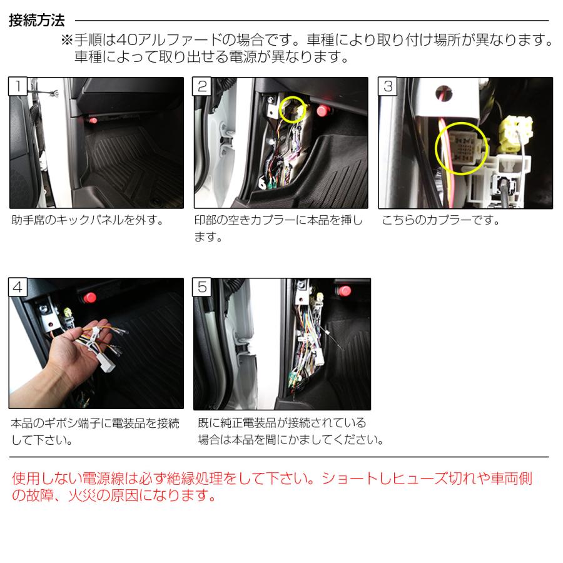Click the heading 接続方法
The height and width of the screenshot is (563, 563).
tap(38, 21)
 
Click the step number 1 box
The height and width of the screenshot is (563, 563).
tap(19, 86)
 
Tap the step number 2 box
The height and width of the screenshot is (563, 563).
tap(203, 86)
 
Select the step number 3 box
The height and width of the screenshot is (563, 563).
tap(388, 86)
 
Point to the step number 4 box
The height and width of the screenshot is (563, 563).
tap(19, 287)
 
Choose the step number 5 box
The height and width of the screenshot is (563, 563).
tap(203, 287)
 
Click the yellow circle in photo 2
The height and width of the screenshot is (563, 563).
tap(293, 109)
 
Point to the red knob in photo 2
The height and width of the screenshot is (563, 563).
tap(324, 111)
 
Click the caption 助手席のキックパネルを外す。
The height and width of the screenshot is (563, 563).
tap(88, 221)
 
